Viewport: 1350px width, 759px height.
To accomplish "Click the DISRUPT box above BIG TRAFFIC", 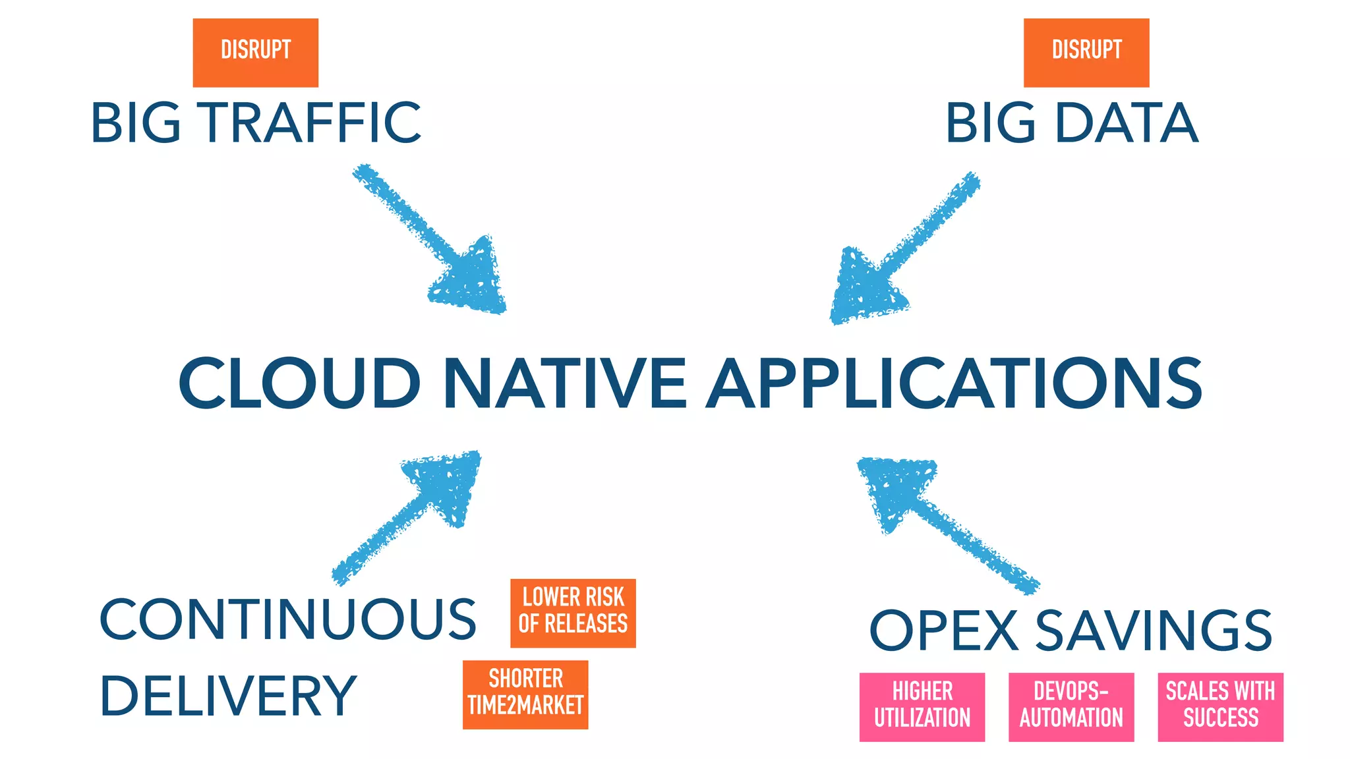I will point(255,53).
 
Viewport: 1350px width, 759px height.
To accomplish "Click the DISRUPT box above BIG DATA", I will point(1086,53).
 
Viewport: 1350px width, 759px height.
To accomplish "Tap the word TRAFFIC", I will point(311,123).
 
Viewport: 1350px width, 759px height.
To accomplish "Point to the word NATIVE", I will point(566,383).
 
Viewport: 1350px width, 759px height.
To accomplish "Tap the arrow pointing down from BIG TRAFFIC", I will point(435,244).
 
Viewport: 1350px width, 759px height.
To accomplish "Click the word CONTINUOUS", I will point(287,619).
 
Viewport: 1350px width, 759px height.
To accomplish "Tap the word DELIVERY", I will point(228,696).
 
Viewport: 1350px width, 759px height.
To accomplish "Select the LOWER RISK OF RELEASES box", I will point(572,613).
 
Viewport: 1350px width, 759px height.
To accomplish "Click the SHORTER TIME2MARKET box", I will point(525,694).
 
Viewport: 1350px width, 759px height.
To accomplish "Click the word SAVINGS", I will point(1154,631).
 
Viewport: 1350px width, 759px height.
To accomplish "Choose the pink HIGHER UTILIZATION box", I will point(922,706).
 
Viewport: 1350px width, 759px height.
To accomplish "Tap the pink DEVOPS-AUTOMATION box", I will point(1071,706).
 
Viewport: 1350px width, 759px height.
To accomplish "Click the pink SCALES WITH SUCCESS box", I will point(1220,706).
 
